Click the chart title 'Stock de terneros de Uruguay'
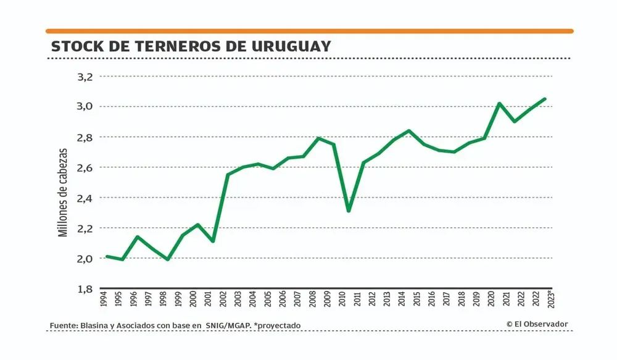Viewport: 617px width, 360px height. (191, 47)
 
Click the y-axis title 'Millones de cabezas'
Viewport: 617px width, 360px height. (62, 191)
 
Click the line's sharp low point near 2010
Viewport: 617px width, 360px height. (349, 211)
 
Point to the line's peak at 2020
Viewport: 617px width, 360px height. (499, 103)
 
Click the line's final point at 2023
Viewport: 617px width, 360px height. (545, 99)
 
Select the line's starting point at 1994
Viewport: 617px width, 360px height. (107, 256)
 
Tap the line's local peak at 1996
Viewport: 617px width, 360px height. (137, 237)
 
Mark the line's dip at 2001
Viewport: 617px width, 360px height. (213, 241)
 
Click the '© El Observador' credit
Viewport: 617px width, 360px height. (537, 324)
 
